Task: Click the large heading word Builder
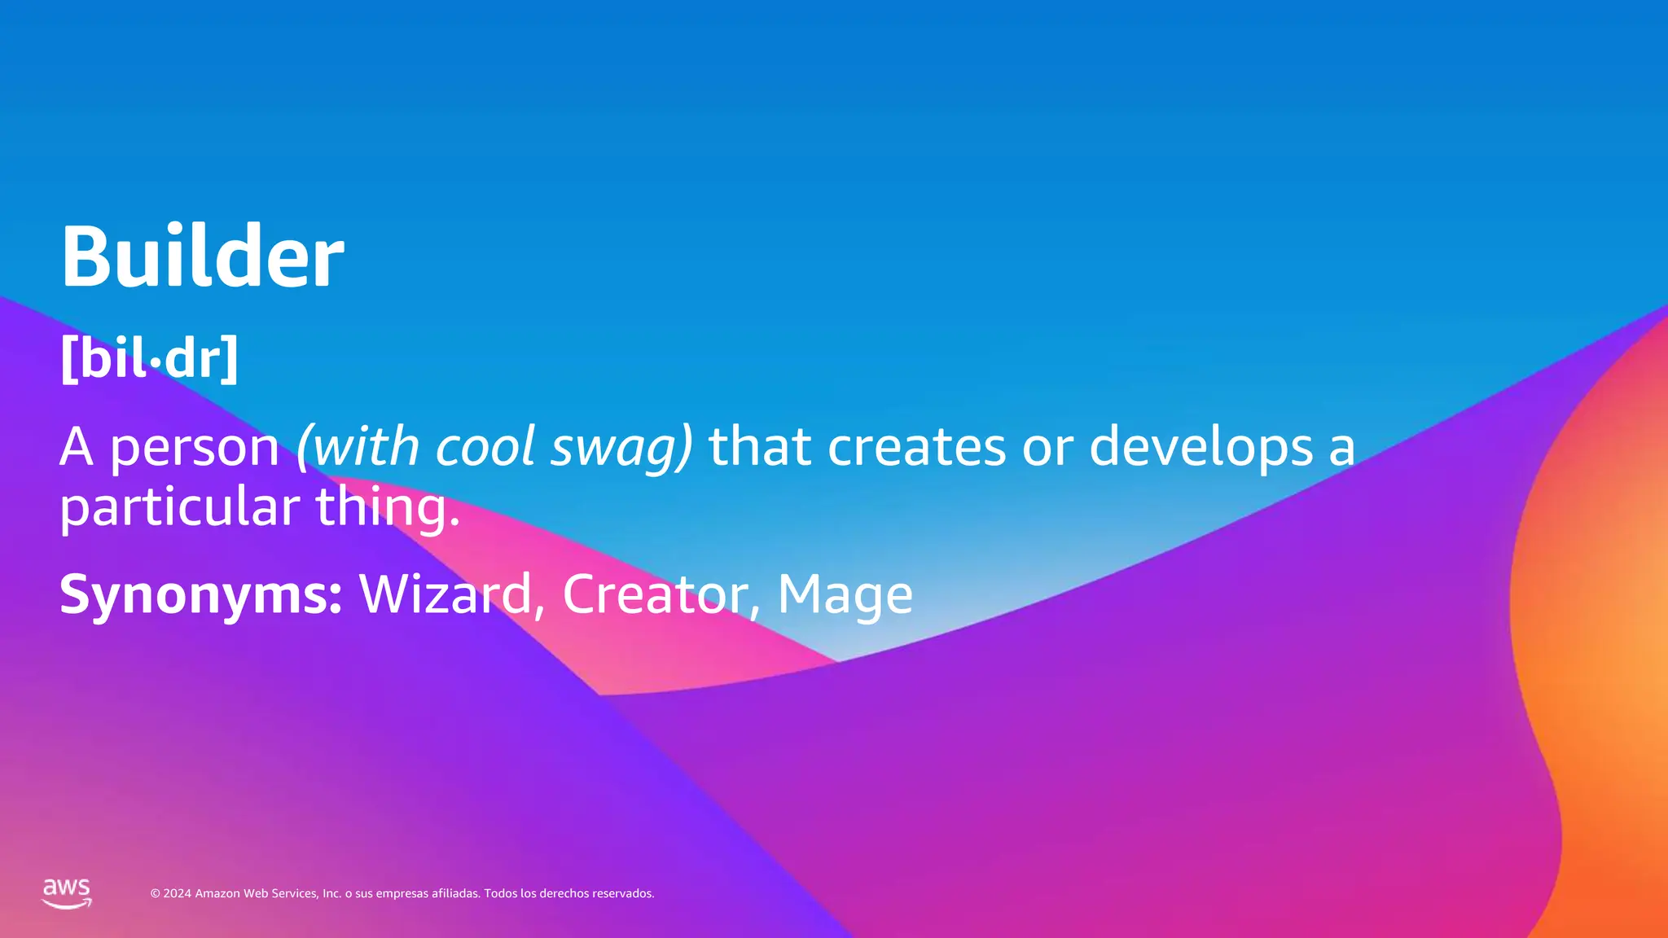pyautogui.click(x=202, y=256)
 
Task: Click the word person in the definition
pyautogui.click(x=195, y=448)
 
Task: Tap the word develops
pyautogui.click(x=1201, y=448)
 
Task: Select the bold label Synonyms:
pyautogui.click(x=200, y=595)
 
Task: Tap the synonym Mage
pyautogui.click(x=845, y=595)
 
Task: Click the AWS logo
pyautogui.click(x=67, y=893)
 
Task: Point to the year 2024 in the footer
pyautogui.click(x=178, y=894)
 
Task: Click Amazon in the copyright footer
pyautogui.click(x=217, y=894)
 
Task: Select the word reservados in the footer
pyautogui.click(x=622, y=894)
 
